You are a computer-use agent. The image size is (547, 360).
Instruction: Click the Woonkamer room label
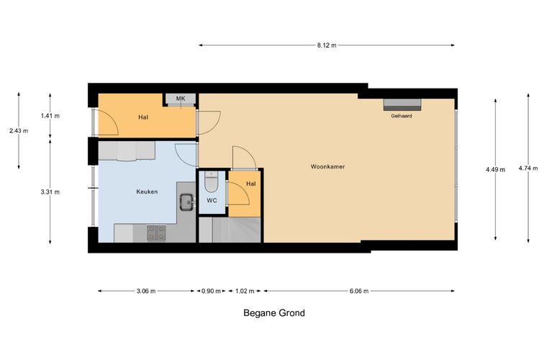click(327, 167)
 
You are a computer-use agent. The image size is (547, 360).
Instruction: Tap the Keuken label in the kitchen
click(147, 192)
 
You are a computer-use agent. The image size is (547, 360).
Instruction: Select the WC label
click(212, 201)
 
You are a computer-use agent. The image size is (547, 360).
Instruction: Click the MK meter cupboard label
click(181, 99)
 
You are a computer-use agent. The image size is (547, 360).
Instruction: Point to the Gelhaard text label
click(401, 116)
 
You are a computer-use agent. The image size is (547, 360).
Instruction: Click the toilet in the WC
click(211, 181)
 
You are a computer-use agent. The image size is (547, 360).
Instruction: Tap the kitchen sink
click(187, 202)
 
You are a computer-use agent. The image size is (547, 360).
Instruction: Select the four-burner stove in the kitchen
click(156, 233)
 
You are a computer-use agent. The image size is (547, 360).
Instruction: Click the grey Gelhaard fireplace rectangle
click(402, 104)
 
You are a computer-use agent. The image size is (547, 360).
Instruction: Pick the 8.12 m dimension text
click(327, 45)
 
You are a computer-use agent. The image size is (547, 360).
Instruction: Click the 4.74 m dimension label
click(528, 168)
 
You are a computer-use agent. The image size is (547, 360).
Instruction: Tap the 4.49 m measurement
click(495, 170)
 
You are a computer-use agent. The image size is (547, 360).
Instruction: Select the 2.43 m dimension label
click(19, 131)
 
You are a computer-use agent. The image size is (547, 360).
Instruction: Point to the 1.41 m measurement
click(50, 116)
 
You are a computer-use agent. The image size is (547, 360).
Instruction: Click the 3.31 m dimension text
click(50, 192)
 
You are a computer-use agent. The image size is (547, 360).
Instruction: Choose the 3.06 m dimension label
click(146, 291)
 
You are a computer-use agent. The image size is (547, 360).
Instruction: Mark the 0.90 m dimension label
click(211, 291)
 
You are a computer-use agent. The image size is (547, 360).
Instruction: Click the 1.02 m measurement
click(245, 291)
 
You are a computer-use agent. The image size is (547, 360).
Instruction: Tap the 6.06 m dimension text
click(359, 291)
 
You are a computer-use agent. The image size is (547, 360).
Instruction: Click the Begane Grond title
click(274, 313)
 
